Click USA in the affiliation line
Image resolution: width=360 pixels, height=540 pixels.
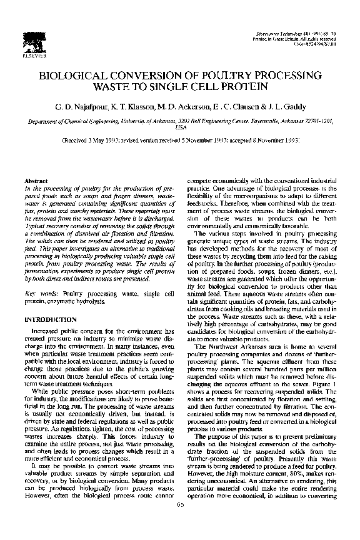180,127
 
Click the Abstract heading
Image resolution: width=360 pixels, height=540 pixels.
34,179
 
